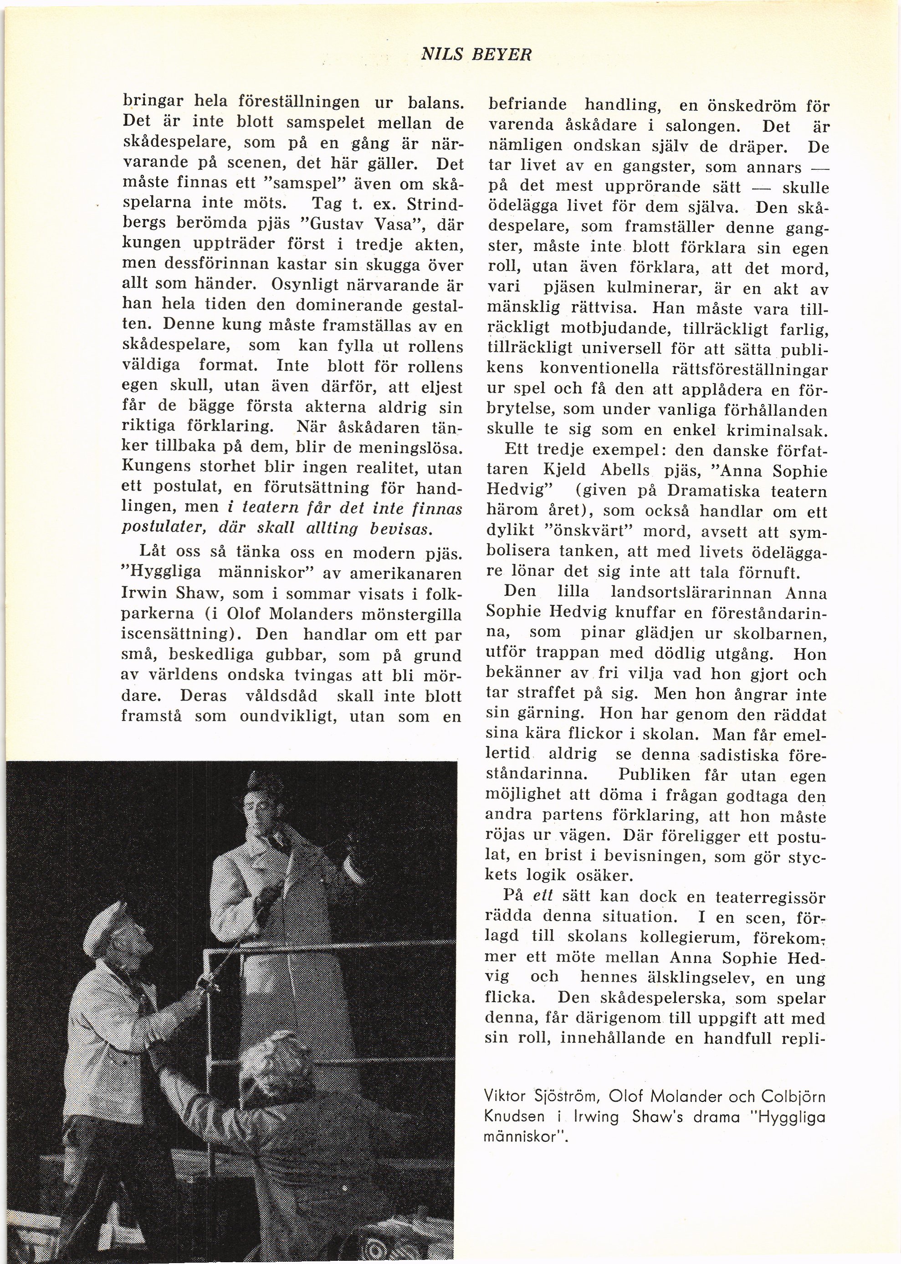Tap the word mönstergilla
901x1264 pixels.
click(x=411, y=614)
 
